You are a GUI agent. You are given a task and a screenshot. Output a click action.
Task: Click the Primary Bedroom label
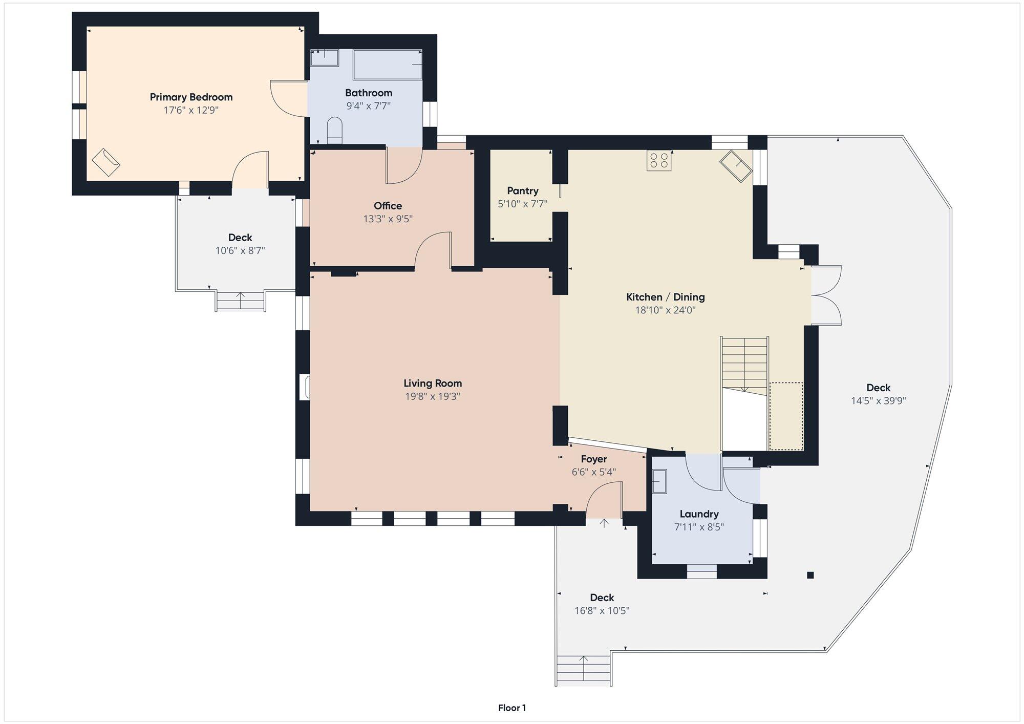(191, 97)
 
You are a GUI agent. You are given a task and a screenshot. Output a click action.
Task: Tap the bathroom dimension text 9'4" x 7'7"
(368, 106)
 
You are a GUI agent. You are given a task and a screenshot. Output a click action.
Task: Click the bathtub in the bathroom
(388, 65)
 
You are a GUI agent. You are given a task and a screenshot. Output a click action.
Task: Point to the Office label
(388, 206)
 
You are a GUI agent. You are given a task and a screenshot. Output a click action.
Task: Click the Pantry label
(522, 190)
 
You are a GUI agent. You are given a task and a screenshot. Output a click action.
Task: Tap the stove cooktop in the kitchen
(659, 160)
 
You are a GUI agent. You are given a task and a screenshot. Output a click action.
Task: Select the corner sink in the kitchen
(736, 166)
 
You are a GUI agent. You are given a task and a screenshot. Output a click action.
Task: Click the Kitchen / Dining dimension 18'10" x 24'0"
(665, 310)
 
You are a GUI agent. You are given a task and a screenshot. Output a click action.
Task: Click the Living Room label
(433, 383)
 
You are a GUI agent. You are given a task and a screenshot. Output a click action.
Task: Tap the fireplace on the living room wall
(305, 387)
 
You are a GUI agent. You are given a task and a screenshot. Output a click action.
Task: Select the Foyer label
(594, 459)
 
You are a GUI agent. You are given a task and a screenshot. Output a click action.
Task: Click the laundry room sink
(659, 482)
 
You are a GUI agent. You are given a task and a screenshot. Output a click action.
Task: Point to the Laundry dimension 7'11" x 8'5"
(699, 527)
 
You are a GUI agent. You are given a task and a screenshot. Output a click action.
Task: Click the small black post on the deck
(810, 575)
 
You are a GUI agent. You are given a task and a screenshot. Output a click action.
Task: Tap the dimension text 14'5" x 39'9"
(878, 401)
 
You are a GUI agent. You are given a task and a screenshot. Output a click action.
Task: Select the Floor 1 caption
(512, 708)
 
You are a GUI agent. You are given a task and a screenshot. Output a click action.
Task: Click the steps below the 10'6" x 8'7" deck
(241, 301)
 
